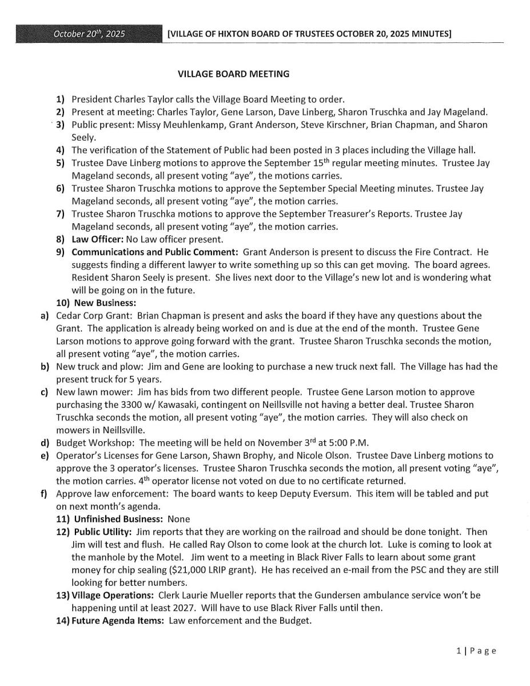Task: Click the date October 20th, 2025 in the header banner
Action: point(89,34)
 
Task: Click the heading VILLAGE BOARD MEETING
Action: point(233,74)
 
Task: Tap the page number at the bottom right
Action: point(476,651)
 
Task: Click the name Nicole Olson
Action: point(336,455)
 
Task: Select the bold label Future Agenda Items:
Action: point(118,621)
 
